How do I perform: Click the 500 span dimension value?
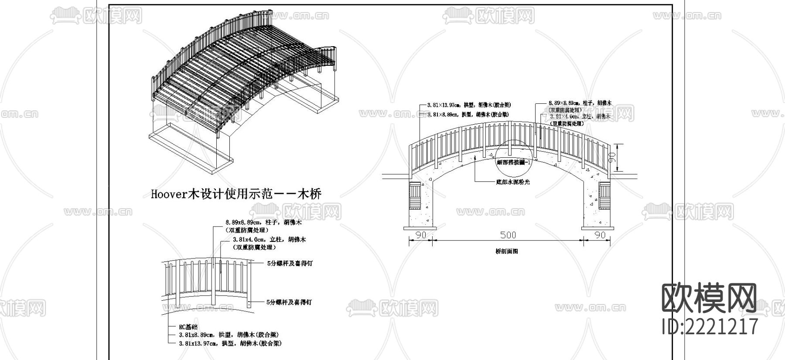tap(508, 235)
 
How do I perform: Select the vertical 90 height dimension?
tap(612, 158)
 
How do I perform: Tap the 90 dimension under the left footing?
tap(420, 235)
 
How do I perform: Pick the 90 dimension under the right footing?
tap(601, 235)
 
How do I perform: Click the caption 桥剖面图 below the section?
tap(507, 251)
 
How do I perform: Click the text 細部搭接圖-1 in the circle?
tap(513, 162)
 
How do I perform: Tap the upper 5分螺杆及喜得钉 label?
tap(290, 264)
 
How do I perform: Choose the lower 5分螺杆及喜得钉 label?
tap(290, 302)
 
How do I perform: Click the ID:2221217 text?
tap(710, 326)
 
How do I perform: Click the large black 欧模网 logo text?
tap(710, 299)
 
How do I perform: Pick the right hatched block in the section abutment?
tap(606, 197)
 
